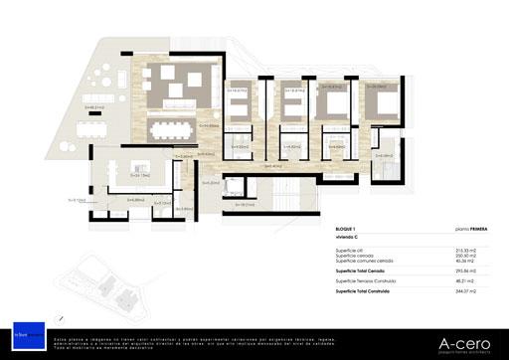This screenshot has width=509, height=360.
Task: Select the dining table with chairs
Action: (x=174, y=129)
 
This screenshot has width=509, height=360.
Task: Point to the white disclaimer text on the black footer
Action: (x=199, y=343)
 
